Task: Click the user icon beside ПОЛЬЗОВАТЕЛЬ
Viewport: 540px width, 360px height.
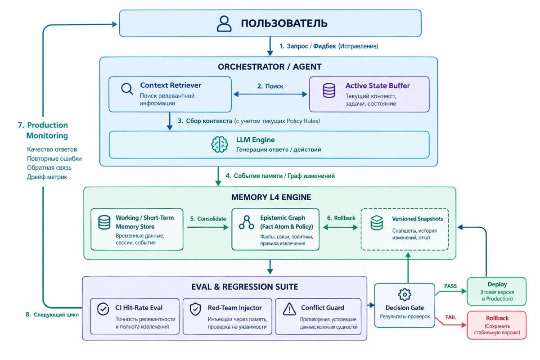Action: pyautogui.click(x=224, y=24)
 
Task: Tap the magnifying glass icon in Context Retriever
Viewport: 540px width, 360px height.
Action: pyautogui.click(x=127, y=89)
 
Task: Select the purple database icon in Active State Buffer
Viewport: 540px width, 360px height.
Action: pyautogui.click(x=329, y=90)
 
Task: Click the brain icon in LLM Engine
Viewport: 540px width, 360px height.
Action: pyautogui.click(x=220, y=144)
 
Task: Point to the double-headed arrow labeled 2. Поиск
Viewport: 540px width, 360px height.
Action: pyautogui.click(x=270, y=94)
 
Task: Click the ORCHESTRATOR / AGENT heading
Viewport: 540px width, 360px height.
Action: pyautogui.click(x=270, y=67)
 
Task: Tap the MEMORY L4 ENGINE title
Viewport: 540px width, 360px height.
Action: pyautogui.click(x=271, y=197)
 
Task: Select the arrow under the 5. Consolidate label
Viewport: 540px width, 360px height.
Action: pyautogui.click(x=208, y=227)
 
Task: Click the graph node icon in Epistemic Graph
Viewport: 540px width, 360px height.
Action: pyautogui.click(x=247, y=222)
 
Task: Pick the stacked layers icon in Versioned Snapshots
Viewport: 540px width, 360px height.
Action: pyautogui.click(x=377, y=223)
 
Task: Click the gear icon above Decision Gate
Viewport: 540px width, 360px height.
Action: pyautogui.click(x=405, y=294)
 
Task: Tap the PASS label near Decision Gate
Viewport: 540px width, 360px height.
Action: pyautogui.click(x=450, y=286)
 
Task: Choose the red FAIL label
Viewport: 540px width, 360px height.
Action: pyautogui.click(x=450, y=317)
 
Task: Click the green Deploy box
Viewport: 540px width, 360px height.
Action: pyautogui.click(x=497, y=291)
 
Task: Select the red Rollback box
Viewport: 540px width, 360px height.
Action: pyautogui.click(x=497, y=325)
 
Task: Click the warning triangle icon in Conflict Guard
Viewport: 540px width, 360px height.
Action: pyautogui.click(x=289, y=309)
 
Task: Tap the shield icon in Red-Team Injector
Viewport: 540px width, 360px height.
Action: pyautogui.click(x=195, y=309)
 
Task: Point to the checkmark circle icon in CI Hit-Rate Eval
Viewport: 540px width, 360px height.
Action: pyautogui.click(x=103, y=309)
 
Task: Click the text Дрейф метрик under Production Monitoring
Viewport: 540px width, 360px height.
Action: pyautogui.click(x=47, y=177)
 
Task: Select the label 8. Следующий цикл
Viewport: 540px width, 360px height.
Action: pyautogui.click(x=52, y=315)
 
